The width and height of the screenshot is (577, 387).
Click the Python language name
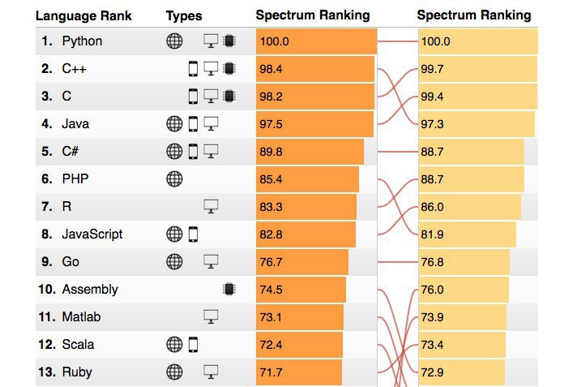pyautogui.click(x=82, y=41)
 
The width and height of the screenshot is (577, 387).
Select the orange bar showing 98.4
pyautogui.click(x=315, y=69)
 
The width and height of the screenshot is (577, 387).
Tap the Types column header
pyautogui.click(x=184, y=15)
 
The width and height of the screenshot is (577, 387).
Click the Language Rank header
pyautogui.click(x=83, y=15)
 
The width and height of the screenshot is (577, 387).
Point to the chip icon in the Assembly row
pyautogui.click(x=229, y=290)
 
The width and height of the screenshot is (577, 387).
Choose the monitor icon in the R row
pyautogui.click(x=212, y=207)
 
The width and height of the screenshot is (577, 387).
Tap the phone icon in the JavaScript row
pyautogui.click(x=193, y=234)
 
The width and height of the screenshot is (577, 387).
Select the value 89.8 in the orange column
pyautogui.click(x=271, y=152)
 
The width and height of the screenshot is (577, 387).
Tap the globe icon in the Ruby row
pyautogui.click(x=174, y=372)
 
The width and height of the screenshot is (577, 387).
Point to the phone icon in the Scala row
pyautogui.click(x=193, y=345)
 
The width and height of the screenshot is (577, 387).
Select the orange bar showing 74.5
pyautogui.click(x=301, y=290)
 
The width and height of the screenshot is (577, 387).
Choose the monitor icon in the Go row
pyautogui.click(x=212, y=262)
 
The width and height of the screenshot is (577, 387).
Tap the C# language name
pyautogui.click(x=70, y=152)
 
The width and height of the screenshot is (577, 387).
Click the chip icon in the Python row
pyautogui.click(x=229, y=41)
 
